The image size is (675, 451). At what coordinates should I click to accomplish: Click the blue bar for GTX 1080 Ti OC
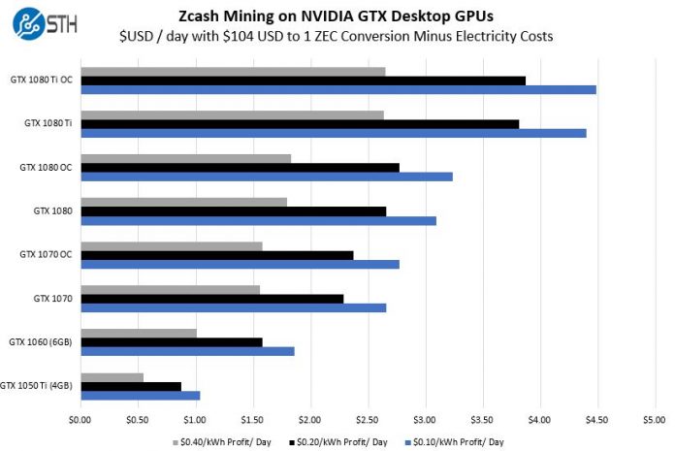click(x=338, y=89)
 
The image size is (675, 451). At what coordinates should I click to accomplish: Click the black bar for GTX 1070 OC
click(x=217, y=254)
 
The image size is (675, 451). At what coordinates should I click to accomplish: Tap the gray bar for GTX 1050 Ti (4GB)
click(x=112, y=376)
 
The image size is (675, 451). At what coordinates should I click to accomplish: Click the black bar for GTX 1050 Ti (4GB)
click(x=131, y=386)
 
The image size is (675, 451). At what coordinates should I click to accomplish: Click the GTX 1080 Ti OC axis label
click(x=41, y=80)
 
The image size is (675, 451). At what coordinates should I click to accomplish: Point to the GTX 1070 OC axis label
click(x=47, y=254)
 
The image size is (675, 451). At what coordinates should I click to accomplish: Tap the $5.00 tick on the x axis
click(x=655, y=420)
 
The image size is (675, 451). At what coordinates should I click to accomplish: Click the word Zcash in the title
click(x=203, y=16)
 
